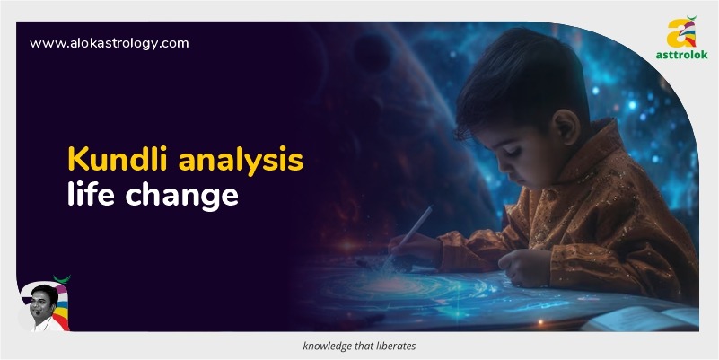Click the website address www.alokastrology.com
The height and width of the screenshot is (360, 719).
[110, 44]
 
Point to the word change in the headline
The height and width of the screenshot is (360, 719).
[181, 197]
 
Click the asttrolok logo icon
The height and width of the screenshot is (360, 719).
[681, 32]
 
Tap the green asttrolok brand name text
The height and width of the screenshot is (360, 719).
[681, 55]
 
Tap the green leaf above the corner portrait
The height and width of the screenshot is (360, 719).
[62, 279]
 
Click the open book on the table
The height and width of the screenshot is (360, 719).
[641, 319]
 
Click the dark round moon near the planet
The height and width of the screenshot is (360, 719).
[373, 53]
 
